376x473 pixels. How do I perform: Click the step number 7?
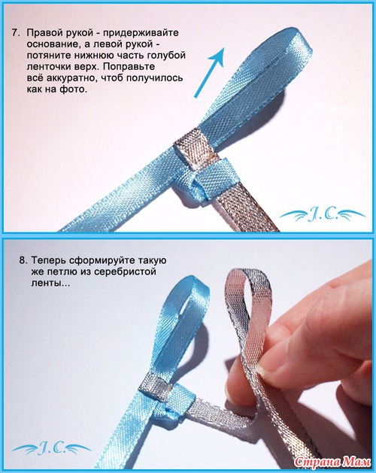coord(15,32)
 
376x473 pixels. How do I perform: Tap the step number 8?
coord(23,260)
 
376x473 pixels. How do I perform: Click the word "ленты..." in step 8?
coord(50,283)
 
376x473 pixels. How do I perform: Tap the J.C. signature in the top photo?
coord(323,215)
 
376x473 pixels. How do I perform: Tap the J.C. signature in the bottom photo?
coord(52,449)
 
